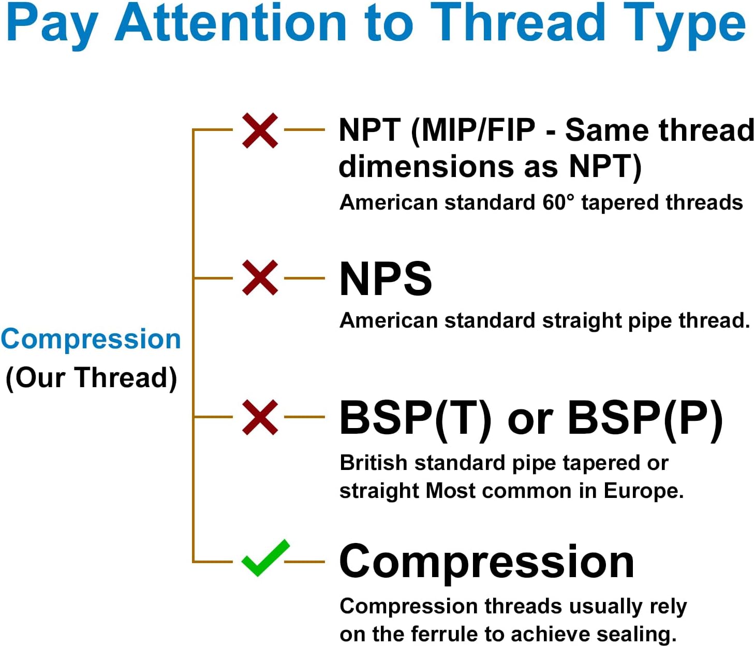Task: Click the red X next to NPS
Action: coord(260,277)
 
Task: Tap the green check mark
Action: coord(265,558)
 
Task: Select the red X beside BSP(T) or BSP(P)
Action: coord(260,417)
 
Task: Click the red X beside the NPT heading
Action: coord(260,130)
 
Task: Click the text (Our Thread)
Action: coord(91,378)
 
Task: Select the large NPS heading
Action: coord(386,278)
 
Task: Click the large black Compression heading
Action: coord(487,562)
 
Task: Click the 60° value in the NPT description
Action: coord(558,202)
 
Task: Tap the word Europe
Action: coord(643,491)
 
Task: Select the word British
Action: coord(373,463)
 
